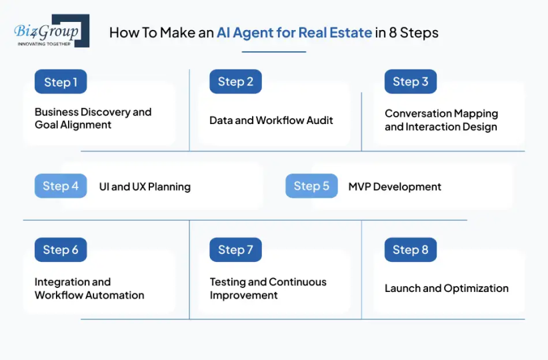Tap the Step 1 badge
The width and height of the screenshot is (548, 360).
(x=61, y=82)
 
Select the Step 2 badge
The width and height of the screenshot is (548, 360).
(x=235, y=82)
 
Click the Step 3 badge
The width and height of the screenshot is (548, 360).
(x=410, y=81)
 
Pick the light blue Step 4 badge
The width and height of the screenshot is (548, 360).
(x=61, y=186)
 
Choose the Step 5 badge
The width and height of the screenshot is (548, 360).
(x=311, y=186)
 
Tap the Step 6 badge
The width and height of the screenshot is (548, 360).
(x=61, y=250)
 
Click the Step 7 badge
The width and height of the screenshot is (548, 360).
(x=235, y=250)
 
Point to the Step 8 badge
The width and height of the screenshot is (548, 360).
(x=410, y=250)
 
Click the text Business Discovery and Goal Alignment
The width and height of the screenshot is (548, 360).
(x=93, y=118)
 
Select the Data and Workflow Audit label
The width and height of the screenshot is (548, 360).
(x=271, y=120)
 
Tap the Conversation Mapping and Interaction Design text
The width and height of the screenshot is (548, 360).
(x=441, y=120)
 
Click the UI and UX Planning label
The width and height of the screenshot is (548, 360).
(x=145, y=187)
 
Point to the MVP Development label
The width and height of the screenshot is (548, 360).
(x=395, y=187)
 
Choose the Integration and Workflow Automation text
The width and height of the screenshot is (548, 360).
(x=89, y=289)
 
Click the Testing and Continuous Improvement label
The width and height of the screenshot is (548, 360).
(x=268, y=289)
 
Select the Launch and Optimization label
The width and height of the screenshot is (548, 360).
(x=447, y=289)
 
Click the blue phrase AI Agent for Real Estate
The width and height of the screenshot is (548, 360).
(x=294, y=33)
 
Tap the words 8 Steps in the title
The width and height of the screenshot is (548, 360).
(x=415, y=33)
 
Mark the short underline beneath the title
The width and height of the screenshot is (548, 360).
(x=274, y=51)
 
